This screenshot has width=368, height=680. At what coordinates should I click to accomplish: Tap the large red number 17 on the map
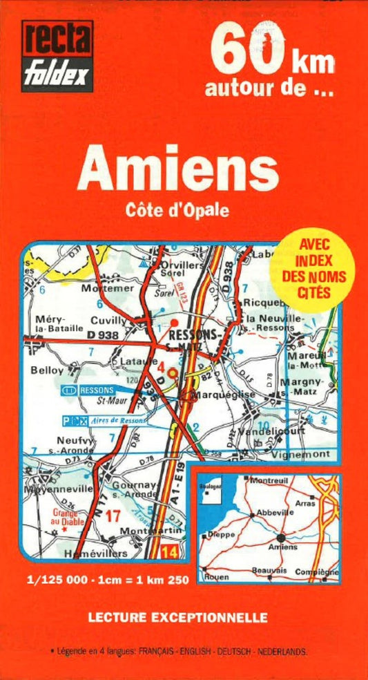click(x=113, y=516)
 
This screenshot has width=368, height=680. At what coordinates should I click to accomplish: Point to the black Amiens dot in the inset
click(x=281, y=538)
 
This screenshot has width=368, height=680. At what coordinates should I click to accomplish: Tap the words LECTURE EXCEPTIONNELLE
click(x=177, y=617)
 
